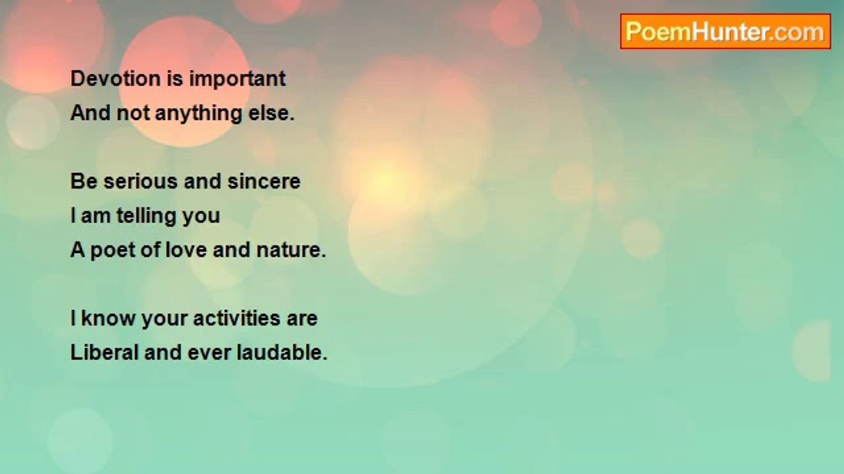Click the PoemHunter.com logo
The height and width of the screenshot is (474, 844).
tap(725, 32)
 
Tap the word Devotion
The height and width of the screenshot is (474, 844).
tap(115, 78)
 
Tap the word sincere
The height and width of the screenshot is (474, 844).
tap(264, 182)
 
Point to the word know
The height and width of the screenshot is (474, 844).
tap(108, 319)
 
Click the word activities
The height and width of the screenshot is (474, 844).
tap(237, 319)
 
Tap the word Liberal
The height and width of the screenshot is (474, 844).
tap(104, 353)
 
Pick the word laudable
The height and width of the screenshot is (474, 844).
tap(282, 353)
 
